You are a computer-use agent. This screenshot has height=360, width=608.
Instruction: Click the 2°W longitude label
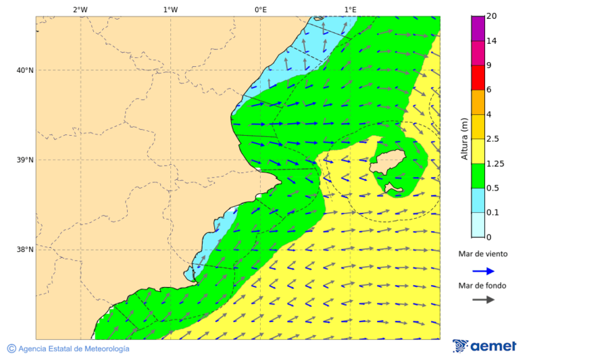pyautogui.click(x=80, y=9)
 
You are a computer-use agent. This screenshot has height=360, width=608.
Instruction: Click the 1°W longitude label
pyautogui.click(x=170, y=9)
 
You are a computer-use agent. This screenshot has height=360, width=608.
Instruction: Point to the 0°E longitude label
pyautogui.click(x=260, y=9)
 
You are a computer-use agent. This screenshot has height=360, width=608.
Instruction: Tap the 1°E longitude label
pyautogui.click(x=350, y=9)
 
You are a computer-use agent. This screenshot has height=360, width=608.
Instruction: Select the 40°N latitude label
pyautogui.click(x=25, y=70)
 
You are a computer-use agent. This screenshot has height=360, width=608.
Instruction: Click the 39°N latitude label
pyautogui.click(x=25, y=160)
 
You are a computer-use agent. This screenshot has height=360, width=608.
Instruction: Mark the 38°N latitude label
pyautogui.click(x=25, y=250)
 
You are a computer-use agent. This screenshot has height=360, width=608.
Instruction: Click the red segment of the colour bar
pyautogui.click(x=478, y=78)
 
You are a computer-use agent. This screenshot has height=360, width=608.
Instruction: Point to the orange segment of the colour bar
pyautogui.click(x=478, y=102)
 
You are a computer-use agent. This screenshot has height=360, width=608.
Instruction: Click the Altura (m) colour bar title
pyautogui.click(x=464, y=138)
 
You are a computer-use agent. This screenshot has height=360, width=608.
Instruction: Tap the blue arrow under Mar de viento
pyautogui.click(x=483, y=271)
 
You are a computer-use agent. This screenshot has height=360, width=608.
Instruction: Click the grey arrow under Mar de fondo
pyautogui.click(x=483, y=300)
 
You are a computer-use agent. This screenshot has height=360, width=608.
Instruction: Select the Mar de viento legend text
pyautogui.click(x=482, y=254)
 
